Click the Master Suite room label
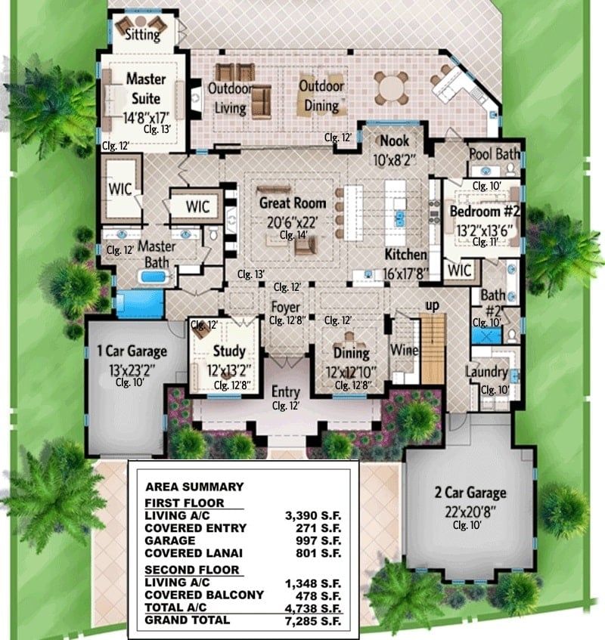coord(146,88)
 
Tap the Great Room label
coord(293,203)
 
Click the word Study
coord(228,351)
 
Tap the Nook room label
coord(394,141)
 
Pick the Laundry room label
coord(486,372)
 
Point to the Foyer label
coord(287,308)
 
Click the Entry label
coord(286,393)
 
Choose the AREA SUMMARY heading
coord(194,487)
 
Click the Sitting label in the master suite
coord(144,34)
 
